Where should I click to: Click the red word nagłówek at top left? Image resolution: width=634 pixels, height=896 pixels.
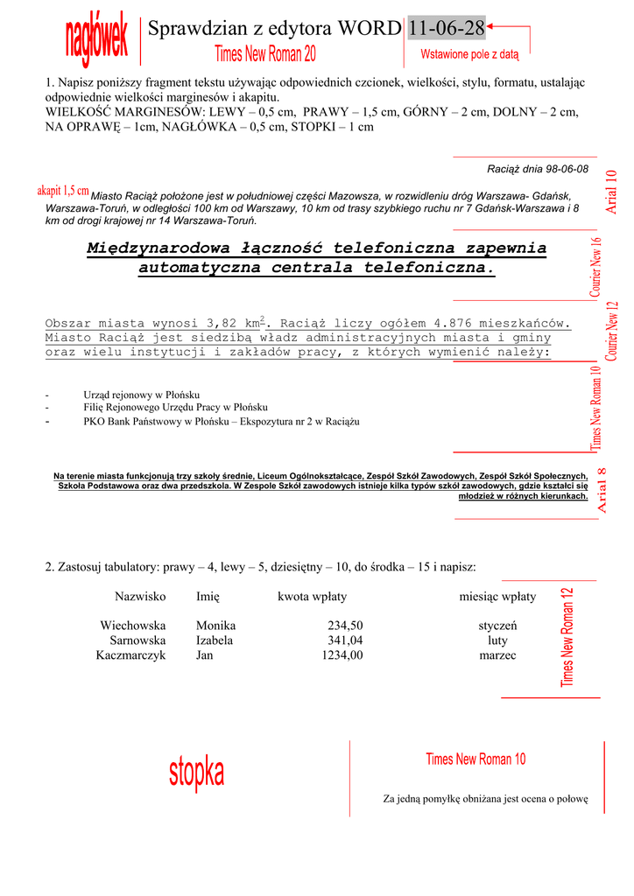point(97,39)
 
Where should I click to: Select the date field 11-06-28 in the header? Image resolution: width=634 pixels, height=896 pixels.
point(447,29)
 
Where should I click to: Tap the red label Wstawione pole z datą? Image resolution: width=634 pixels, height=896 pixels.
point(469,55)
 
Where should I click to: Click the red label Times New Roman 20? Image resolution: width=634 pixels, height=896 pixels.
point(265,54)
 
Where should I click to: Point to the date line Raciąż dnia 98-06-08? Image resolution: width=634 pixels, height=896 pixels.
point(537,169)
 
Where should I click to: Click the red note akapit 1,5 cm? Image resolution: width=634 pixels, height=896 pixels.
point(63,190)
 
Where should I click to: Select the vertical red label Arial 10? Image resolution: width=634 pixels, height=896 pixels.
point(611,192)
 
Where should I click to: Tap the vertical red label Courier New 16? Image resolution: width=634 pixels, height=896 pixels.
point(596,267)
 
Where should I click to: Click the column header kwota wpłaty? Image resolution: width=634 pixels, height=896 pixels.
point(312,597)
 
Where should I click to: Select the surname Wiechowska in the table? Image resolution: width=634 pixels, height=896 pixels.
point(133,626)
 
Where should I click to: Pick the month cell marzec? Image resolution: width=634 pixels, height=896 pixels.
point(497,654)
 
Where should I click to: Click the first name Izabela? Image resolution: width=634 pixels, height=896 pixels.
point(215,640)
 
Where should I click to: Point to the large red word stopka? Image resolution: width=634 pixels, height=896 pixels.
point(196,773)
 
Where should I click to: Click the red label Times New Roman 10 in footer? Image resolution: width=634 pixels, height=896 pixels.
point(475,759)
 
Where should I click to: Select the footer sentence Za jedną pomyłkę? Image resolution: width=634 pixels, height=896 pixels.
point(485,799)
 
